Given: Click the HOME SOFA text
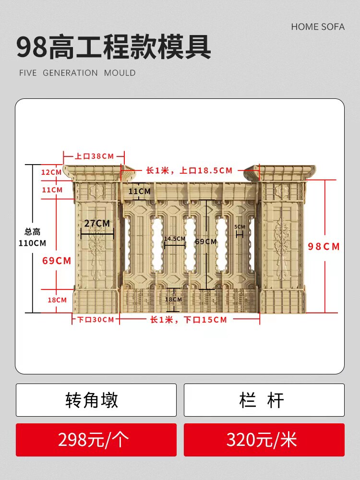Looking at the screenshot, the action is point(318,27).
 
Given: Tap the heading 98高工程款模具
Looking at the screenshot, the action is point(114,48).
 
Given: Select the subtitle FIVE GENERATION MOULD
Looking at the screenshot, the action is point(77,73).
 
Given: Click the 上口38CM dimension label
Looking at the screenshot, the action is point(94,156).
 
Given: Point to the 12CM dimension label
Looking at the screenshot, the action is point(51,172).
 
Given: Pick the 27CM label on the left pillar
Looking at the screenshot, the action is point(97,223).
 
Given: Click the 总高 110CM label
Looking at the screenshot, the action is point(33,238).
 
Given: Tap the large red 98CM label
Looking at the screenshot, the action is point(324,247).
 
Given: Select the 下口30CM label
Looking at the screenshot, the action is point(96,320).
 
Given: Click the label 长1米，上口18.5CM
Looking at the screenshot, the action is point(189,170).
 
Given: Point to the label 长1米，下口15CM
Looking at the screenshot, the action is point(189,320).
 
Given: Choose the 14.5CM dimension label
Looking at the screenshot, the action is point(175,239).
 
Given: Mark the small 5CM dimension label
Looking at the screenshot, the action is point(240,227).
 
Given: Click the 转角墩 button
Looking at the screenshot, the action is point(96,400).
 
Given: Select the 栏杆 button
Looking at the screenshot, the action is point(264,400).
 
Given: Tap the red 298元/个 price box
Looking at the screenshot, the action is point(96,440).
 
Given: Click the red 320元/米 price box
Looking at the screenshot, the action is point(264,440).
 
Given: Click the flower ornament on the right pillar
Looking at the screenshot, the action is point(282,240).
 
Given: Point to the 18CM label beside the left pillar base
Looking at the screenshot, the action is point(57,300).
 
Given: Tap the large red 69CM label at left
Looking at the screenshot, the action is point(57,261).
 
